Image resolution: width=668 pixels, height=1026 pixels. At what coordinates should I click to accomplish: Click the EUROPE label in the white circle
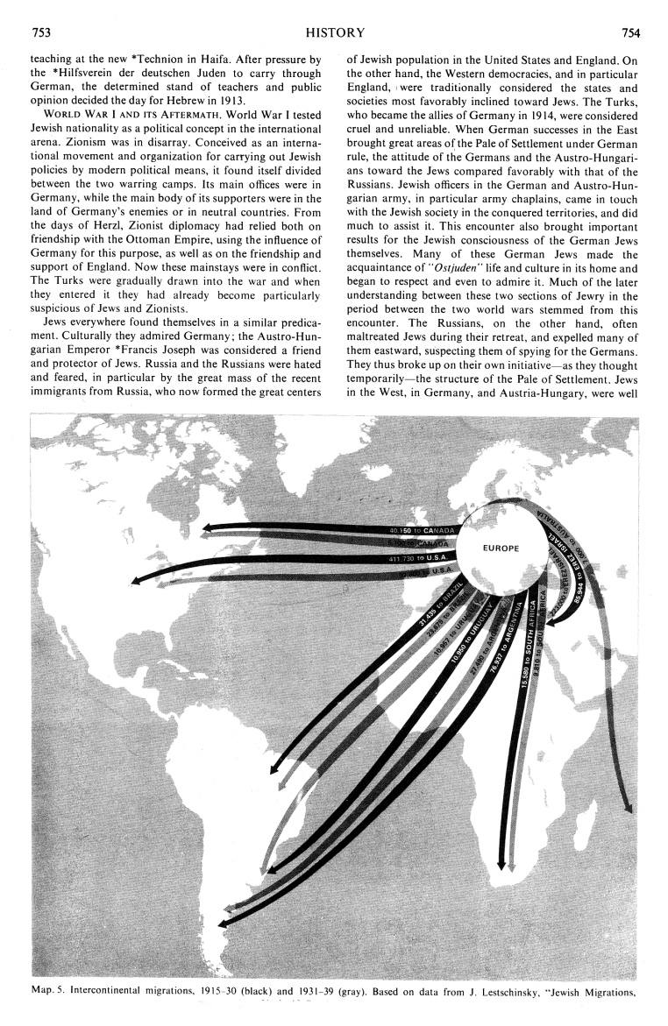click(x=501, y=548)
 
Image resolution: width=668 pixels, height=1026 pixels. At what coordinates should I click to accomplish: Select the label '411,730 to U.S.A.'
click(x=419, y=557)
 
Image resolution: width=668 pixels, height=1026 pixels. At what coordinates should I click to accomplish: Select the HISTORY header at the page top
click(x=335, y=33)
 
